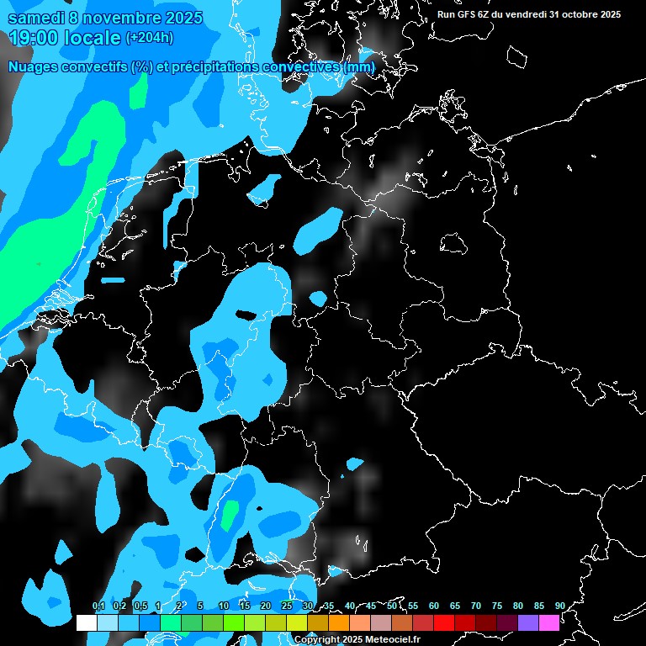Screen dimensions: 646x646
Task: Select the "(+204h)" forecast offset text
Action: coord(150,37)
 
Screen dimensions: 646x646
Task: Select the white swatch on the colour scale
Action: coord(86,623)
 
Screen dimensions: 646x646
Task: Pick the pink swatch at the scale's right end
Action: coord(548,623)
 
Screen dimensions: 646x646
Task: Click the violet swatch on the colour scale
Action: coord(527,623)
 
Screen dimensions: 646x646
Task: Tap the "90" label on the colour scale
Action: coord(559,606)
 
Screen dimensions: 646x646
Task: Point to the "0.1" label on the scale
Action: coord(98,606)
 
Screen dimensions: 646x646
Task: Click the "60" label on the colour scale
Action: coord(434,606)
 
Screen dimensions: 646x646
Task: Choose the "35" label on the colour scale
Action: coord(329,606)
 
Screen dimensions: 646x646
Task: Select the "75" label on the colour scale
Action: coord(496,606)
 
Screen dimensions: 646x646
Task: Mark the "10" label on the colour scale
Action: coord(224,606)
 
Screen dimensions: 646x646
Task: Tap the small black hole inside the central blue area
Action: coord(245,315)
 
